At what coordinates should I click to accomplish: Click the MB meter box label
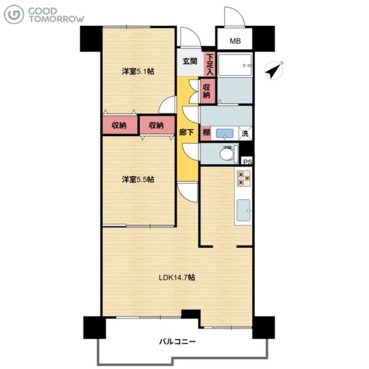point(235,41)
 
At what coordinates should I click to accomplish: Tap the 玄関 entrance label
point(190,61)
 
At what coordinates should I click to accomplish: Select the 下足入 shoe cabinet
point(210,64)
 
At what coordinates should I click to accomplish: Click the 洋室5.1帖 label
point(138,71)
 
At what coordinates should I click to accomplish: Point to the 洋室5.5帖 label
point(138,180)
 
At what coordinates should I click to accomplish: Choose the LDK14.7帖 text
point(177,277)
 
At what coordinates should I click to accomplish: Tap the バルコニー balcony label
point(177,341)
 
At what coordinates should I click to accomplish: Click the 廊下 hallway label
point(186,132)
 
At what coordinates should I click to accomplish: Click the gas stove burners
point(244,178)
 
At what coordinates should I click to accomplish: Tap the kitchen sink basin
point(244,210)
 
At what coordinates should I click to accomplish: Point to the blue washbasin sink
point(224,133)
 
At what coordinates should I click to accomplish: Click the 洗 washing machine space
point(245,133)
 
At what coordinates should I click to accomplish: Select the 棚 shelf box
point(206,133)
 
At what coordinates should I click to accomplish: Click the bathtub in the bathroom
point(235,65)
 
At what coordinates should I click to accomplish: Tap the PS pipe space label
point(247,162)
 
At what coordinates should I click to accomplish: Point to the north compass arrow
point(274,70)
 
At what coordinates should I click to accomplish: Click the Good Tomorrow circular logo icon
point(14,14)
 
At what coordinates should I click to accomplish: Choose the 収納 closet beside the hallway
point(207,91)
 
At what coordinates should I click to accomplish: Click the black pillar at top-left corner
point(91,39)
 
